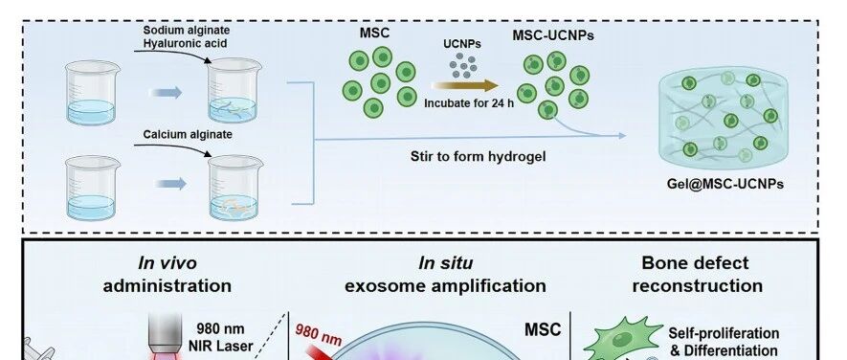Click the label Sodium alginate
[187, 31]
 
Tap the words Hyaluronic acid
[186, 43]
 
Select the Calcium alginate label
[188, 134]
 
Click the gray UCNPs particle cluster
[463, 65]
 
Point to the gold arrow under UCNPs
[464, 85]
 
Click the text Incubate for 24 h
[469, 103]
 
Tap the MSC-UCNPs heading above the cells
[553, 35]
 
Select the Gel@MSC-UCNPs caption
[724, 184]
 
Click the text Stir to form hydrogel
[479, 157]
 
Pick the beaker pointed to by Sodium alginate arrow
[234, 90]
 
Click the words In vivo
[167, 263]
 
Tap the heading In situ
[446, 263]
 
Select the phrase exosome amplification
[445, 285]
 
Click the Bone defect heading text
[695, 263]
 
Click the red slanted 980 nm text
[319, 334]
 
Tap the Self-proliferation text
[724, 333]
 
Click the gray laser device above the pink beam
[165, 331]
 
